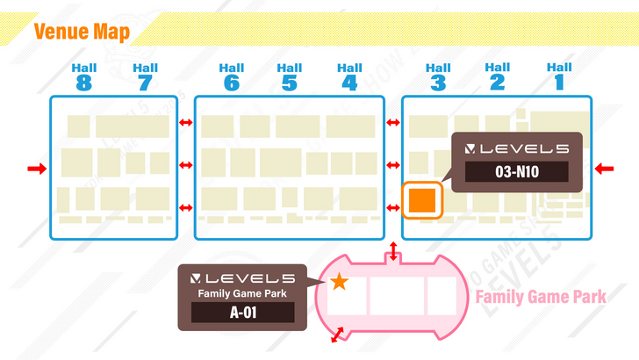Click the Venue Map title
point(82,33)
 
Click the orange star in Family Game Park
point(340,282)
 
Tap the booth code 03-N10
point(516,173)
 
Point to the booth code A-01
point(243,312)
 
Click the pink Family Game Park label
point(541,297)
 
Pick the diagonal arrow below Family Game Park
point(337,337)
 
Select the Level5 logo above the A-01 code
point(243,277)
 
